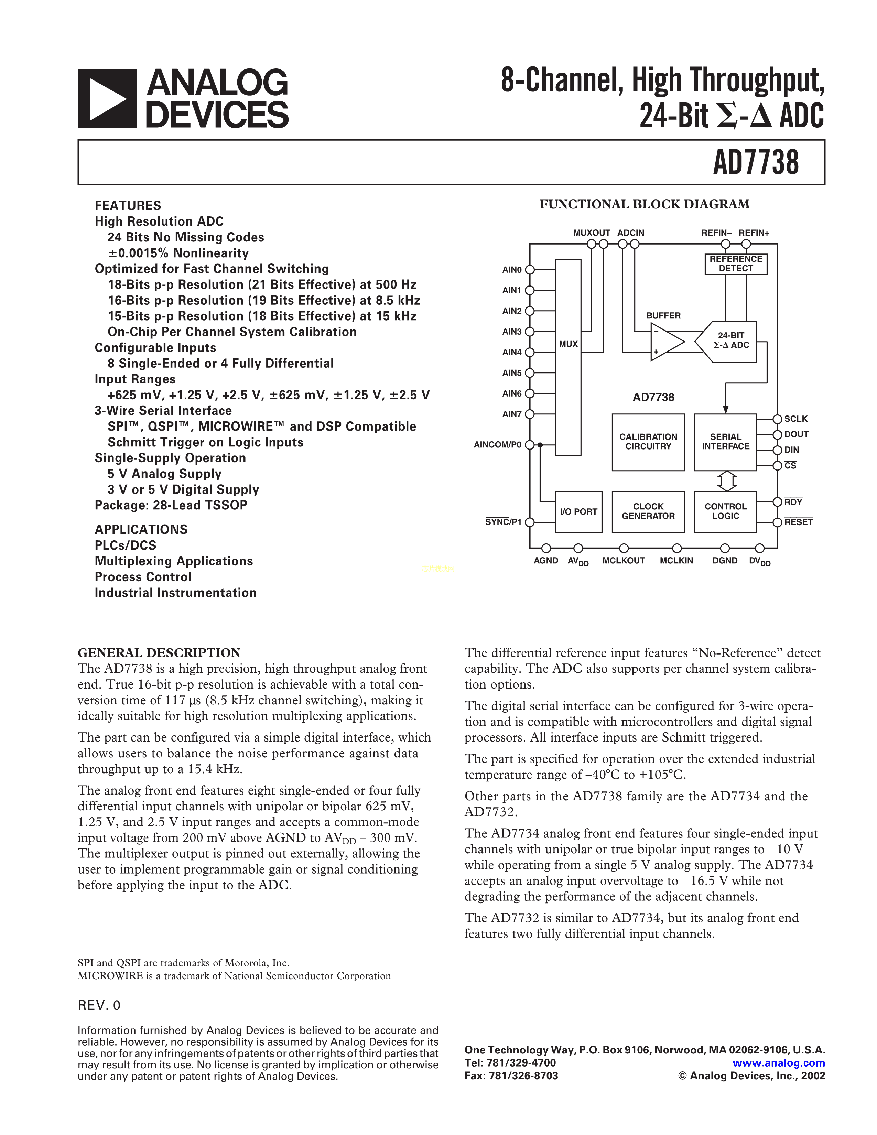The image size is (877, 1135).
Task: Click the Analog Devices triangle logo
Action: pyautogui.click(x=107, y=99)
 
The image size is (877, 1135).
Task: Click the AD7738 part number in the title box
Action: pyautogui.click(x=756, y=162)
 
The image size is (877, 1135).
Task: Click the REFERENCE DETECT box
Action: pyautogui.click(x=736, y=263)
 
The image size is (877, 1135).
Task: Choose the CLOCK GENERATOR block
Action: pyautogui.click(x=648, y=511)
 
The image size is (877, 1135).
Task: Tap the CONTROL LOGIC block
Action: pyautogui.click(x=725, y=511)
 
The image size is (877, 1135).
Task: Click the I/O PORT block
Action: pyautogui.click(x=578, y=511)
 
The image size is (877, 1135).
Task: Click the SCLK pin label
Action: pyautogui.click(x=796, y=419)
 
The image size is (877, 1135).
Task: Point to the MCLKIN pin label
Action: pyautogui.click(x=676, y=561)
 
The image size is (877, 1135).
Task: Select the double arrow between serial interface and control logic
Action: pyautogui.click(x=727, y=481)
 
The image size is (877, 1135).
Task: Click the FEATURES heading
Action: pyautogui.click(x=128, y=205)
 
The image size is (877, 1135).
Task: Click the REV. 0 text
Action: pyautogui.click(x=99, y=1006)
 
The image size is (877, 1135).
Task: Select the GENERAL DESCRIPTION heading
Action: pyautogui.click(x=159, y=653)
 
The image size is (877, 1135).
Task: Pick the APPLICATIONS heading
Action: pyautogui.click(x=141, y=530)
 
